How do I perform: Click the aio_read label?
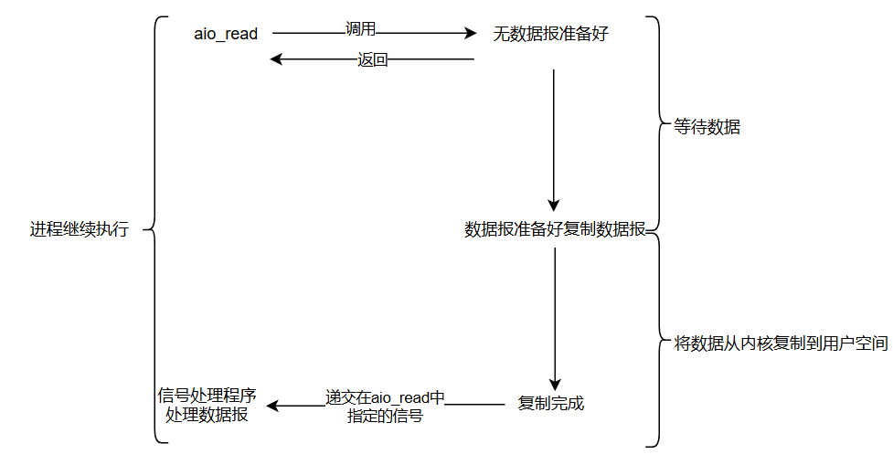226,34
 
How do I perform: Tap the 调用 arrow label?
361,29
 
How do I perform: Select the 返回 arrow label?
372,60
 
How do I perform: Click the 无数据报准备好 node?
551,35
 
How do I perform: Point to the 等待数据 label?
707,127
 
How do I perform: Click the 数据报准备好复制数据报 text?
555,229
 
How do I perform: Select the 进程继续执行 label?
80,229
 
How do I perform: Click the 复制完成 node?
551,403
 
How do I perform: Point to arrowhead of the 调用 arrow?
472,34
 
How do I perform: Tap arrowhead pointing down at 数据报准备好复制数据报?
553,206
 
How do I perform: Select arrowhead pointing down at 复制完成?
554,385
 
